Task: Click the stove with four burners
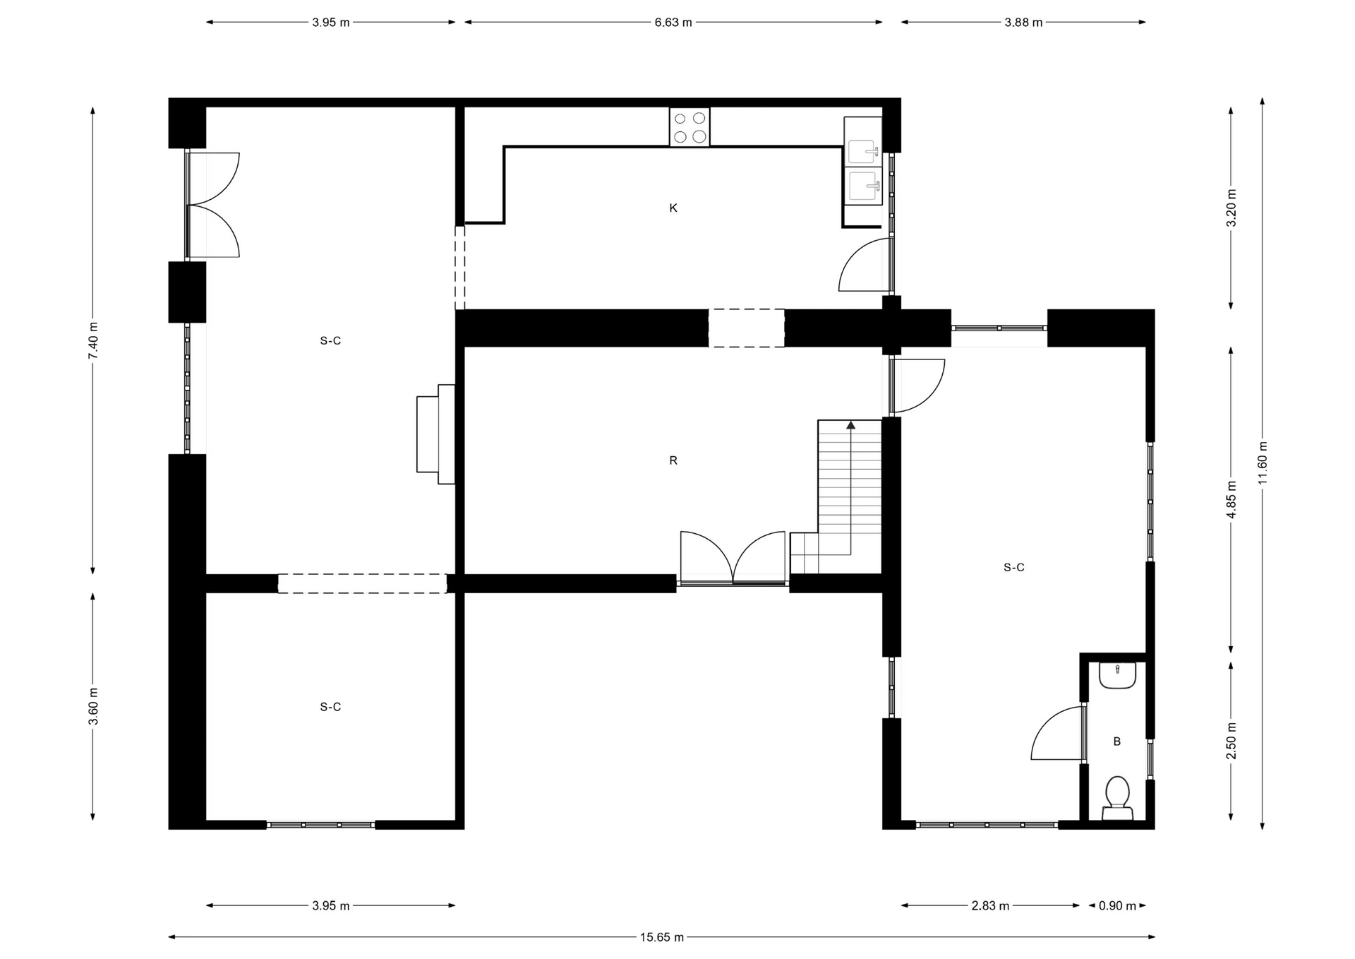coord(689,127)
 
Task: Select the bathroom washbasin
coord(1117,675)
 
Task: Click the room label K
coord(673,208)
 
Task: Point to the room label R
coord(673,460)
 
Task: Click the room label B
coord(1117,741)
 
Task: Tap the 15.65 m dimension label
coord(662,937)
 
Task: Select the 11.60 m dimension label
coord(1263,463)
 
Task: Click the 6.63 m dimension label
coord(673,22)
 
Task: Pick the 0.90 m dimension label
coord(1117,905)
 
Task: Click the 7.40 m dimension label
coord(93,340)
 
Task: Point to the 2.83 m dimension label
coord(990,905)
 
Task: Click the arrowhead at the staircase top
coord(851,425)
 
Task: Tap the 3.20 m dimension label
coord(1231,208)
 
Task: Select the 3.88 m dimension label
coord(1023,22)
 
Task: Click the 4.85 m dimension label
coord(1231,499)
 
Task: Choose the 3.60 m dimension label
coord(93,706)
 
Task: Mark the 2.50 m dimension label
coord(1231,741)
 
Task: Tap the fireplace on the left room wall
coord(435,434)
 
